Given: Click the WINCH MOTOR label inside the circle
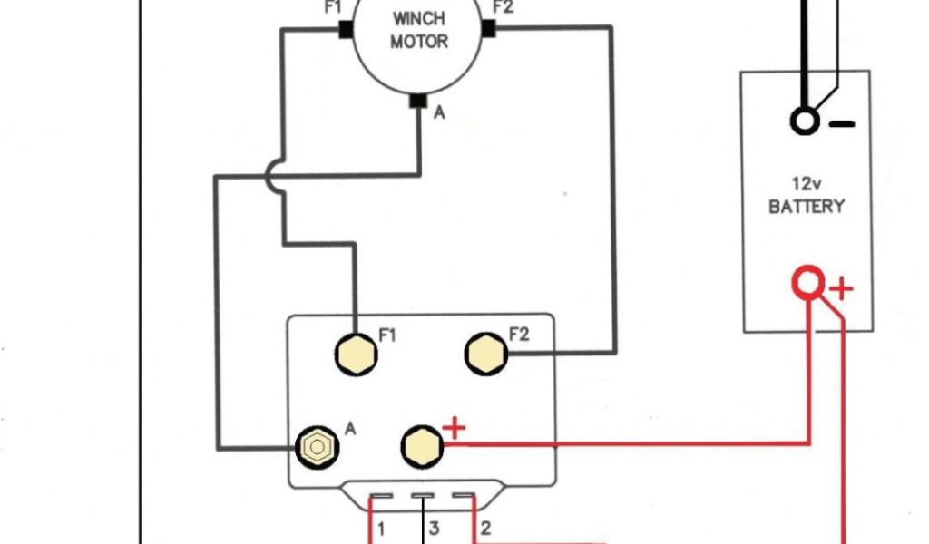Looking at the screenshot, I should click(x=419, y=30).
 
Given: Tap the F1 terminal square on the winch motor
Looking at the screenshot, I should click(x=345, y=29).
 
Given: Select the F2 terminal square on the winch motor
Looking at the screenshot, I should click(x=489, y=29).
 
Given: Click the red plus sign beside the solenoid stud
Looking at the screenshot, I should click(x=455, y=428).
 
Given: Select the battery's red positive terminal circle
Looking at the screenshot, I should click(x=807, y=283).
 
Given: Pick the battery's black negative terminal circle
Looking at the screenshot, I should click(x=804, y=121).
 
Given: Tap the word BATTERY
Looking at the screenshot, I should click(x=806, y=207).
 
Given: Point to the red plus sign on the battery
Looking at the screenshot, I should click(x=842, y=289).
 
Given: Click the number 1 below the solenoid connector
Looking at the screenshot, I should click(x=382, y=529).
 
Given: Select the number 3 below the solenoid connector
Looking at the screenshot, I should click(x=435, y=529).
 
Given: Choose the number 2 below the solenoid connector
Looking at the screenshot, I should click(x=485, y=529).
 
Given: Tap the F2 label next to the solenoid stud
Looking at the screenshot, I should click(x=518, y=335).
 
